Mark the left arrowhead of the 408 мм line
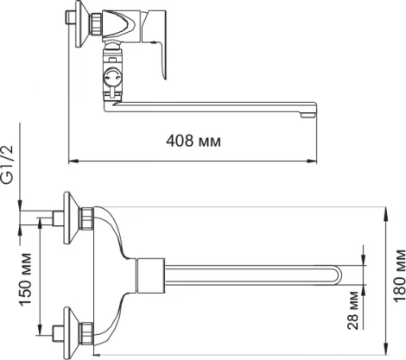pos(72,160)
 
